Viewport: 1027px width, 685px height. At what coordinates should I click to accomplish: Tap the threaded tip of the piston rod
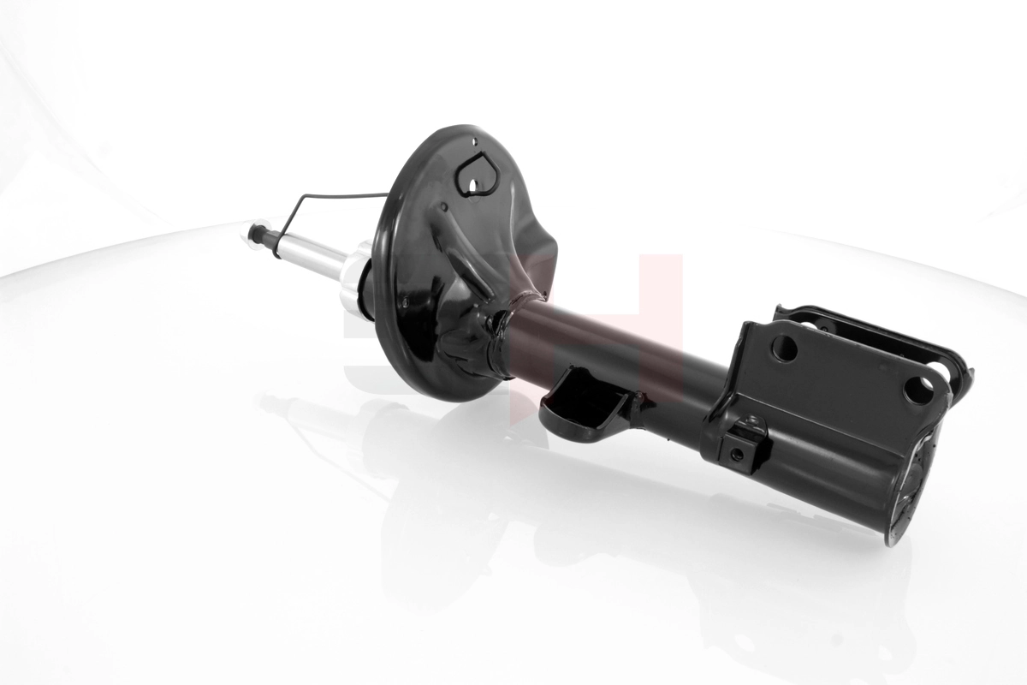(254, 231)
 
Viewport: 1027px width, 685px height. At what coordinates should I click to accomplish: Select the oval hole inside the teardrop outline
(473, 181)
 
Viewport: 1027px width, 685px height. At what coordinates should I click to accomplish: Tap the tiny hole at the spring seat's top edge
(472, 140)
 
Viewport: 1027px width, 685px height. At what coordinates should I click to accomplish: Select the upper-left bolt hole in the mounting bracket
(784, 348)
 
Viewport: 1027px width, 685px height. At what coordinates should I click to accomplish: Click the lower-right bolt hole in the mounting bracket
(918, 390)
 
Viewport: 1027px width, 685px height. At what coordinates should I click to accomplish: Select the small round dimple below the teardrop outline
(444, 207)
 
